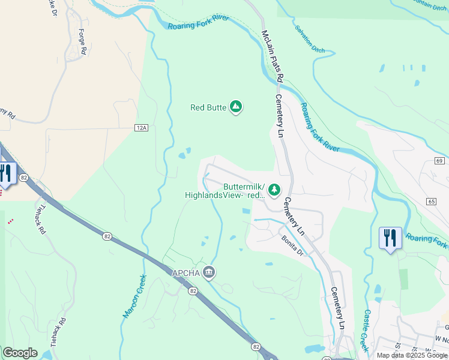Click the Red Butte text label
click(208, 108)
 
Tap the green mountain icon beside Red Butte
click(236, 107)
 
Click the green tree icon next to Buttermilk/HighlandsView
click(274, 190)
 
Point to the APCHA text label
click(186, 273)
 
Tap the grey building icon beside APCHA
click(209, 272)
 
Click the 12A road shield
click(141, 128)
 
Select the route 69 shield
click(439, 161)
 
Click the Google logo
click(20, 353)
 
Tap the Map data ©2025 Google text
click(411, 355)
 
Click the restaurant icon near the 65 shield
click(390, 238)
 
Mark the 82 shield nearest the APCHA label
click(192, 291)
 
